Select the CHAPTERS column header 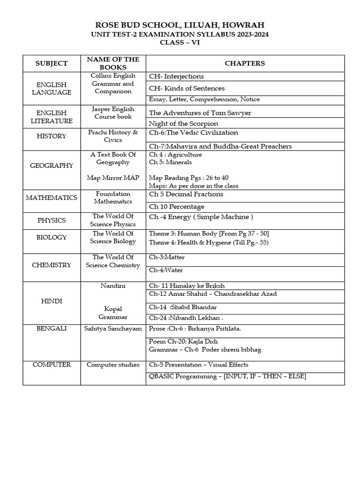(x=245, y=63)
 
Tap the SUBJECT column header (x=52, y=63)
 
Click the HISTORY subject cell (x=52, y=136)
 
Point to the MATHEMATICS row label (x=52, y=197)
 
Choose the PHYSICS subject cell (x=52, y=220)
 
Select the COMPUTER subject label (x=52, y=365)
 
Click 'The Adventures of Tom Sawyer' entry (x=200, y=113)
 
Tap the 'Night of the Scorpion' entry (x=183, y=124)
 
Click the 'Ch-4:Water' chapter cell (x=166, y=270)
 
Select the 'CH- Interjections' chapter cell (x=176, y=76)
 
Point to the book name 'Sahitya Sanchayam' (x=113, y=329)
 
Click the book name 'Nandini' (x=113, y=285)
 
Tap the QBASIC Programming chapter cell (x=227, y=376)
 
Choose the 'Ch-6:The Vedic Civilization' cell (x=194, y=133)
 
